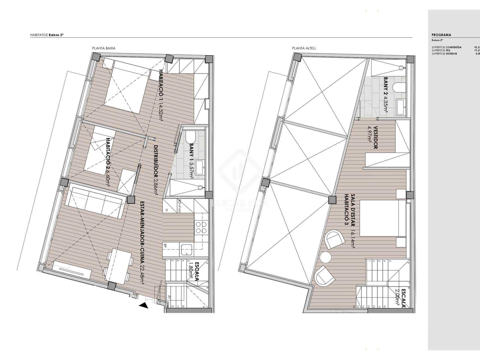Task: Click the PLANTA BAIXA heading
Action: (103, 48)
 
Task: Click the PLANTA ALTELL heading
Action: (304, 48)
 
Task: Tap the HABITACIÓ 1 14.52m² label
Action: (161, 95)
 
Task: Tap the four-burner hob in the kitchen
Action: (201, 227)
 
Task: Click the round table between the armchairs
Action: (325, 257)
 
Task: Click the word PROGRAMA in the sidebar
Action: (441, 35)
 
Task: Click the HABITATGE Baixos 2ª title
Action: (47, 35)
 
